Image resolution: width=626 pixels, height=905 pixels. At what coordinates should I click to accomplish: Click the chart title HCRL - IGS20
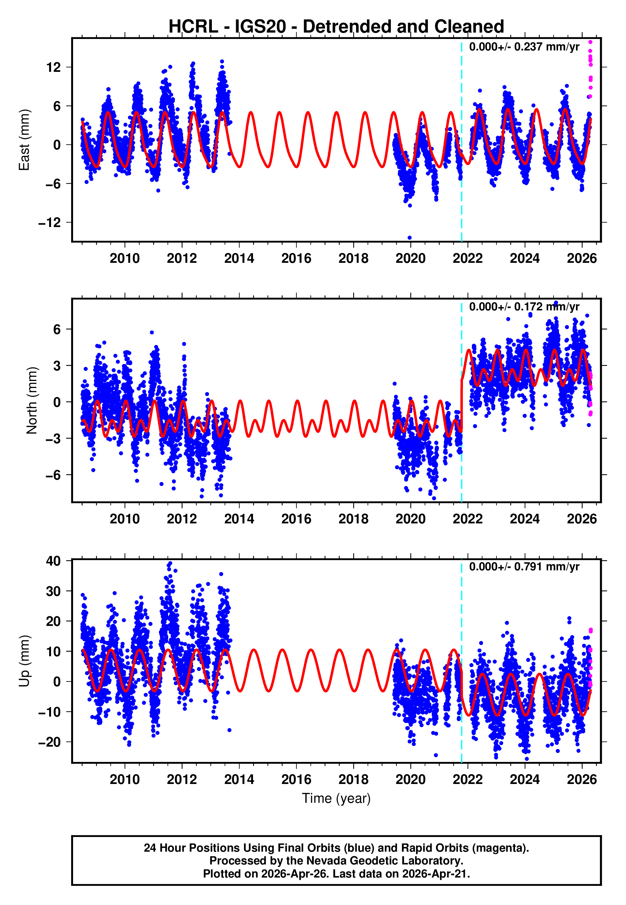click(x=336, y=27)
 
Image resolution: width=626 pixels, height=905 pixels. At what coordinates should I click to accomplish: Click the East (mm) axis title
click(x=24, y=140)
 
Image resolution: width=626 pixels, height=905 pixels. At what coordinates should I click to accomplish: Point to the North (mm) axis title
click(x=32, y=400)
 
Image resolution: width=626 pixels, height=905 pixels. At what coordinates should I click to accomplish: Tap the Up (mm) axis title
click(x=24, y=661)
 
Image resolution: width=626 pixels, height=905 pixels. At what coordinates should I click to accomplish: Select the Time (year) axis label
click(x=336, y=798)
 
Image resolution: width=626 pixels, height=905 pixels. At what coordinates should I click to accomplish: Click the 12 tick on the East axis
click(x=54, y=67)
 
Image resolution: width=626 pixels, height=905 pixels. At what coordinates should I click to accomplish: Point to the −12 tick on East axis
click(x=50, y=223)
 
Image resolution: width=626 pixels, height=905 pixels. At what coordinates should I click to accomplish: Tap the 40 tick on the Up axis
click(x=54, y=561)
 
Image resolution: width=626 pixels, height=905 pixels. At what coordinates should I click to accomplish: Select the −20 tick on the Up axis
click(x=50, y=742)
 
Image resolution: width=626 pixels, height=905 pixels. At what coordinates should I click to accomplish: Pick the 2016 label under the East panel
click(x=296, y=258)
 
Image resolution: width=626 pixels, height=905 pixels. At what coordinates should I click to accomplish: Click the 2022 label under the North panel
click(x=467, y=519)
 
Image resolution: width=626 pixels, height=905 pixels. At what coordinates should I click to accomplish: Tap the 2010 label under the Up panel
click(x=125, y=780)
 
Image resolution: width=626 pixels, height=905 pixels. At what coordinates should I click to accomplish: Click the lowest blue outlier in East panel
click(x=409, y=238)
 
